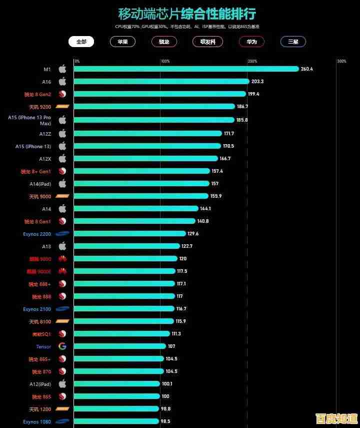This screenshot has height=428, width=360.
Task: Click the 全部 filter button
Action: [x=81, y=42]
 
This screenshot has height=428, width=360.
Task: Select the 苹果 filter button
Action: [x=122, y=42]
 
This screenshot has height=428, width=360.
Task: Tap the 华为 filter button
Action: [x=251, y=42]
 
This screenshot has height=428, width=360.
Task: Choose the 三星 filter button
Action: [x=293, y=42]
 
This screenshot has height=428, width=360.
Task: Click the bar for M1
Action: [x=186, y=69]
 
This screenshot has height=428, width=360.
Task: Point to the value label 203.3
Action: [x=257, y=82]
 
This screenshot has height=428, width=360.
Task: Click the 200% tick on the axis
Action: [x=252, y=62]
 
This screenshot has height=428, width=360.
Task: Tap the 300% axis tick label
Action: [x=341, y=62]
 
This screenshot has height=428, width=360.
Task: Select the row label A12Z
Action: [x=45, y=134]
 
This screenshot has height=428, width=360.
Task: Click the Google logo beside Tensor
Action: [x=62, y=346]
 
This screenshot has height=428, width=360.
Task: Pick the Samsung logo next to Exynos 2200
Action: [x=62, y=234]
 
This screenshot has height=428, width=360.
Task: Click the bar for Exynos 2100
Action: [x=124, y=309]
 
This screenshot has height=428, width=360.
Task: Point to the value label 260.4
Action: [x=307, y=69]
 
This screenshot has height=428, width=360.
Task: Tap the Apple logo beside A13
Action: [x=62, y=246]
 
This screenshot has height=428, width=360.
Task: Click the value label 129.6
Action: [x=193, y=234]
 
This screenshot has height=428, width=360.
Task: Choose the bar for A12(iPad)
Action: [x=117, y=384]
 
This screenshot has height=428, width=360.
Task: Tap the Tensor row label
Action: [x=43, y=346]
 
